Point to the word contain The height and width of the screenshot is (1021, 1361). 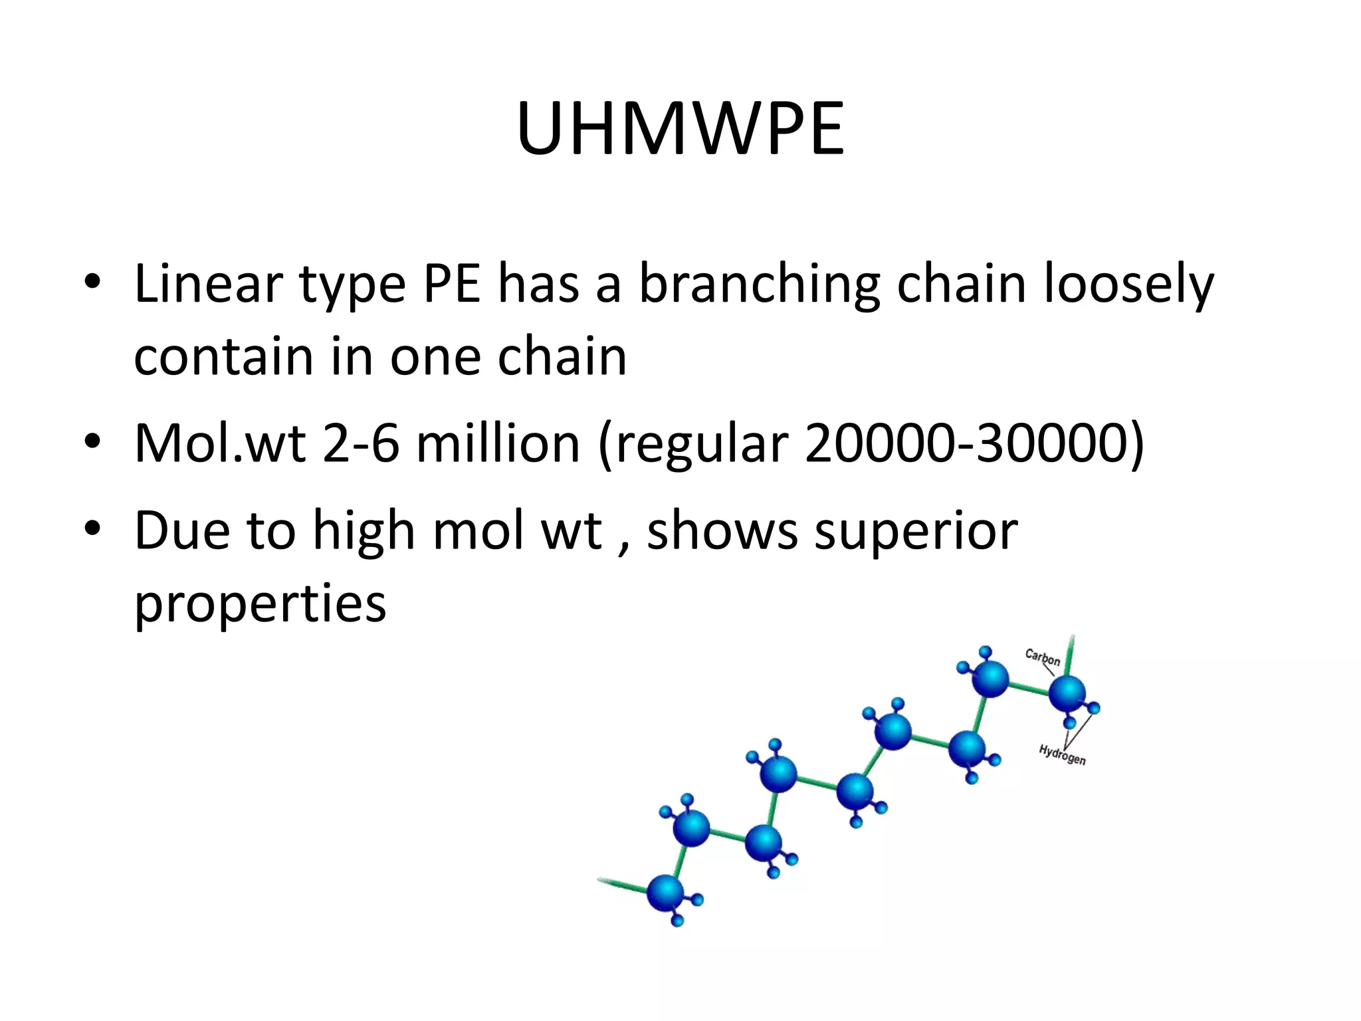click(223, 357)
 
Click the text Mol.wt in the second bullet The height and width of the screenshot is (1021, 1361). click(220, 443)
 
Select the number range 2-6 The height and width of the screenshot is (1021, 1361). click(361, 443)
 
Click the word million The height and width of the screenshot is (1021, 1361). click(498, 443)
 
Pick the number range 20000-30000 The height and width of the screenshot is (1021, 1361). click(974, 443)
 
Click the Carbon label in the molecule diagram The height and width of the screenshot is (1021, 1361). click(1042, 657)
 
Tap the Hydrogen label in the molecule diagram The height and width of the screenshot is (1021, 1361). click(1062, 755)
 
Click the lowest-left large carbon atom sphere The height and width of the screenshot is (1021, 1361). click(665, 893)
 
